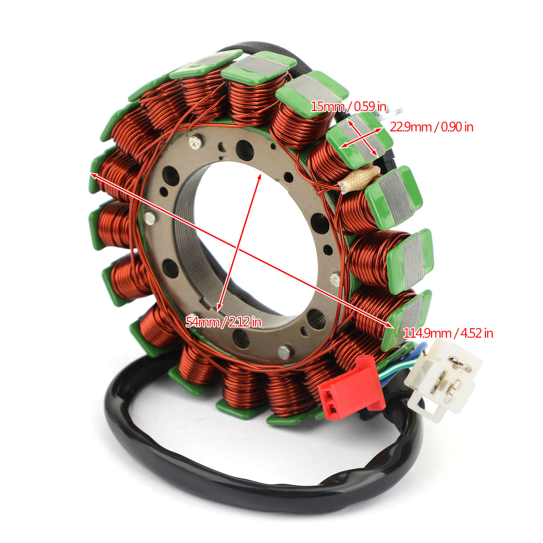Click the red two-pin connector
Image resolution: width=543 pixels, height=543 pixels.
click(x=350, y=387)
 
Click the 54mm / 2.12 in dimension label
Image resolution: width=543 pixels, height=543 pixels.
click(x=223, y=322)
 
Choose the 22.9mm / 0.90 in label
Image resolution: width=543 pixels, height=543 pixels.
click(x=431, y=127)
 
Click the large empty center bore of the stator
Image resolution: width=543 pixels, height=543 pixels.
click(x=244, y=231)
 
